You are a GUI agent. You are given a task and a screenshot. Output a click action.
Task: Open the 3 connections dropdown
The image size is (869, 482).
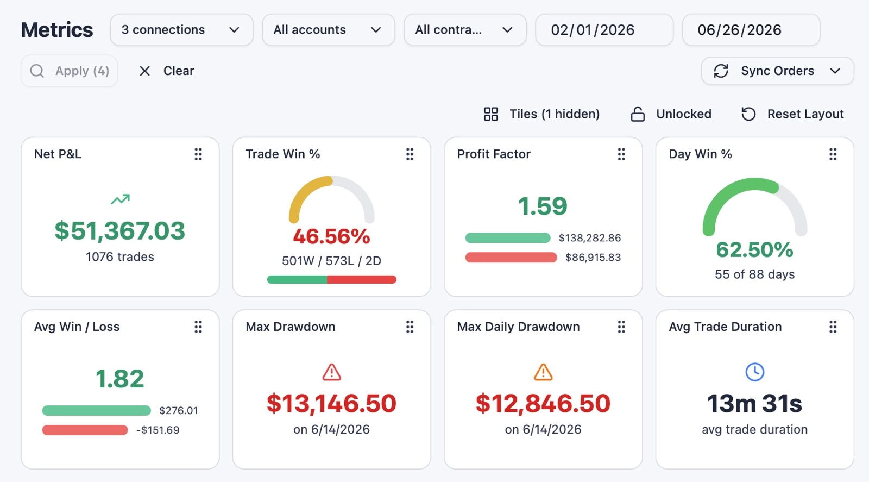pos(181,30)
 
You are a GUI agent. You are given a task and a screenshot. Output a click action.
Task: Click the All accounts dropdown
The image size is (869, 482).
pos(328,30)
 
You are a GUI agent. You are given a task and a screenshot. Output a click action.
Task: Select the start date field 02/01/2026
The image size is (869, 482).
pos(604,30)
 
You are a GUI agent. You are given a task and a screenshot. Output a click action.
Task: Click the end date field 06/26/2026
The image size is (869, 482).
pos(751,30)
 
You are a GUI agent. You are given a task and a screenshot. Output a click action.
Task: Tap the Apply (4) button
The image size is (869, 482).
pos(70,71)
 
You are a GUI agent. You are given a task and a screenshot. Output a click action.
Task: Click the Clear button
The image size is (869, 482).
pos(166,71)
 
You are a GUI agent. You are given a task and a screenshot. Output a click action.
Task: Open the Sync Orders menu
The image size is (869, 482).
pos(777,71)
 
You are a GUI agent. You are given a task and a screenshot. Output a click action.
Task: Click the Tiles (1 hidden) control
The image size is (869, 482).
pos(541,114)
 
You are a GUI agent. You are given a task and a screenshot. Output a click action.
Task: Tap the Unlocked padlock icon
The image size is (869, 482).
pos(638,114)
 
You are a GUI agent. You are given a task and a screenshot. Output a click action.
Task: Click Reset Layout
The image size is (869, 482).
pos(792,114)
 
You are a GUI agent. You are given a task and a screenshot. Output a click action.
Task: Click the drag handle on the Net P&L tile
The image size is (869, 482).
pos(198,154)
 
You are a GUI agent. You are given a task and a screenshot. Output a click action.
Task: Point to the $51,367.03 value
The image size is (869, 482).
pos(120,230)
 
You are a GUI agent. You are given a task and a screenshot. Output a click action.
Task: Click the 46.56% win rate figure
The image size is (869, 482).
pos(332,236)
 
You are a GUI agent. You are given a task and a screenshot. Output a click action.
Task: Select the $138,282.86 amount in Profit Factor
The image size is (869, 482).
pos(590,238)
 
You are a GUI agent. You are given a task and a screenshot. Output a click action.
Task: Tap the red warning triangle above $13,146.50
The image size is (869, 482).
pos(332,372)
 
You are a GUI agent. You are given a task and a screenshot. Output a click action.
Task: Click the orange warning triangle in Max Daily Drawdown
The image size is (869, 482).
pos(543,372)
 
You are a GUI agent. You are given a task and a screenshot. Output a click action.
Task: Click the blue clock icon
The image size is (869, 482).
pos(755,372)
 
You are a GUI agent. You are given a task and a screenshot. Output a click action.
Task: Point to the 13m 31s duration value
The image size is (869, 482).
pos(754,403)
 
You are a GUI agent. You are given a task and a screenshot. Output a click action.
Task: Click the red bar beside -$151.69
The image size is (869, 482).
pos(85,430)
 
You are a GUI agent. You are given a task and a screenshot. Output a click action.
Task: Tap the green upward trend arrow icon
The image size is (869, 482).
pos(120,199)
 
